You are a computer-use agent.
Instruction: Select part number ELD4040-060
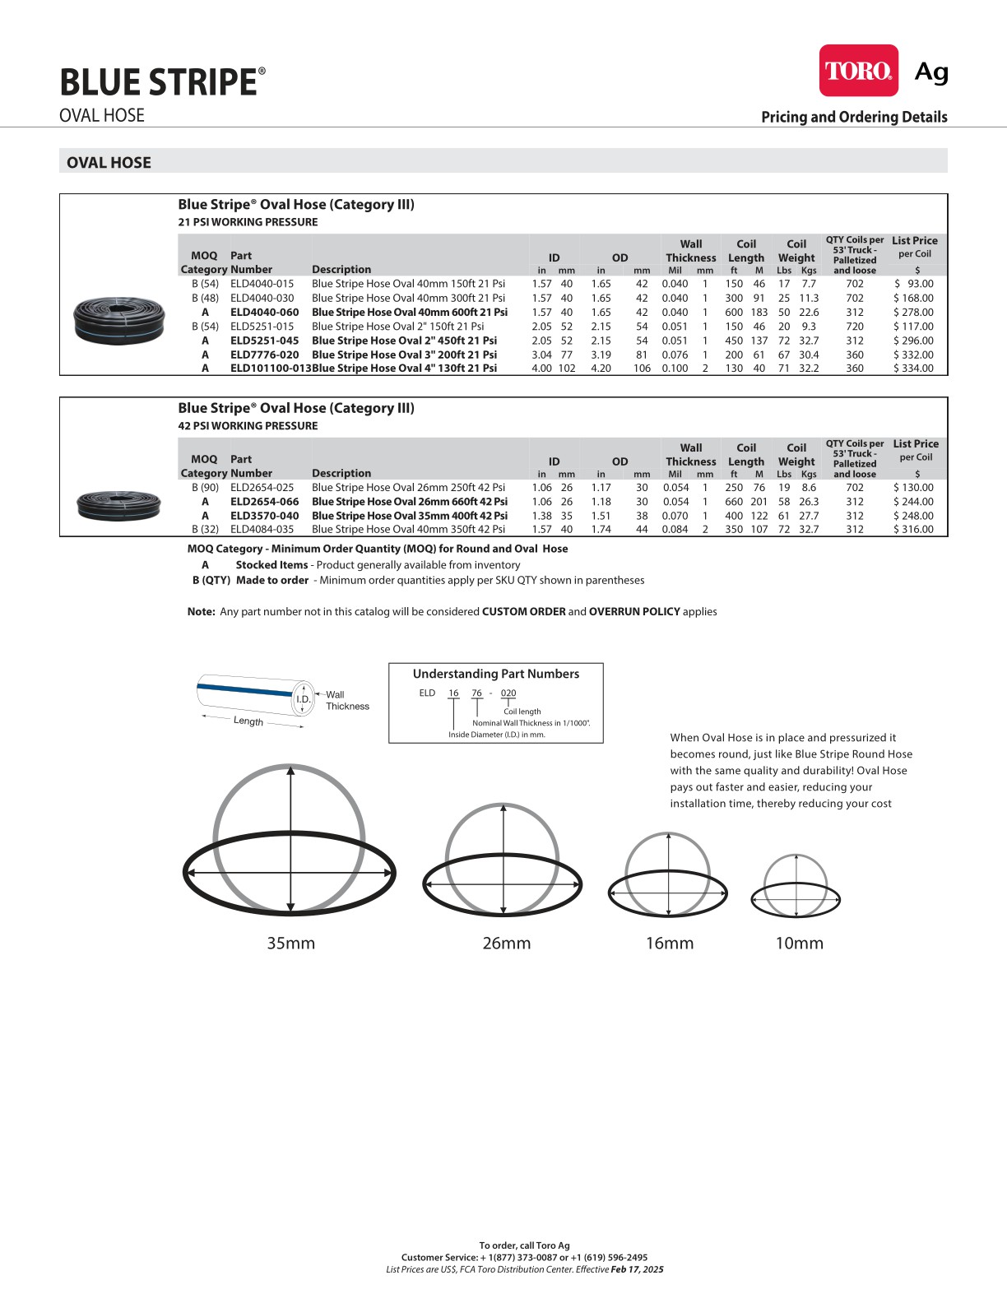pyautogui.click(x=264, y=313)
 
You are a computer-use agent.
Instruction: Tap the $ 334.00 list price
pyautogui.click(x=913, y=369)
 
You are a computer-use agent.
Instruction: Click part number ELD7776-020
pyautogui.click(x=264, y=355)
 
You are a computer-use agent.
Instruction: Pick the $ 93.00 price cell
pyautogui.click(x=914, y=284)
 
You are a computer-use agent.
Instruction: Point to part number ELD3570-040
pyautogui.click(x=264, y=516)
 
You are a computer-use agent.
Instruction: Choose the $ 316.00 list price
pyautogui.click(x=913, y=530)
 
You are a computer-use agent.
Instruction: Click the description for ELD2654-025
pyautogui.click(x=408, y=488)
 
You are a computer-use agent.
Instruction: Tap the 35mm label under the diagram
pyautogui.click(x=290, y=944)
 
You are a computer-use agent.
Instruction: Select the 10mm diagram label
pyautogui.click(x=799, y=944)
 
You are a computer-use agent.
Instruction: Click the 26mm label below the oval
pyautogui.click(x=506, y=944)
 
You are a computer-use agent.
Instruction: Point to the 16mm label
pyautogui.click(x=669, y=944)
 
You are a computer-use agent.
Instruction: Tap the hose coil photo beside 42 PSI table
pyautogui.click(x=118, y=504)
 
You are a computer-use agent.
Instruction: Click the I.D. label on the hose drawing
pyautogui.click(x=304, y=699)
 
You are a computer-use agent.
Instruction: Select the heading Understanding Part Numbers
pyautogui.click(x=495, y=674)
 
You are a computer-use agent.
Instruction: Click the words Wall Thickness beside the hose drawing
pyautogui.click(x=347, y=700)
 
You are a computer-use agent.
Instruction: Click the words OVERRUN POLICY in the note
pyautogui.click(x=634, y=612)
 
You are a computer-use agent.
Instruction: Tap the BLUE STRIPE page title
pyautogui.click(x=159, y=82)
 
